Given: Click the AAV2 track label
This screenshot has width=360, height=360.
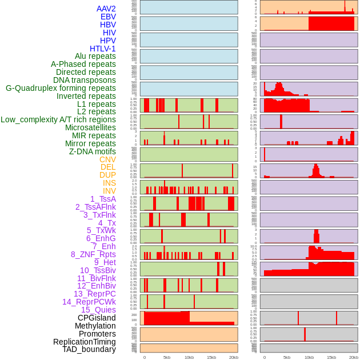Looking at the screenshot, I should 106,9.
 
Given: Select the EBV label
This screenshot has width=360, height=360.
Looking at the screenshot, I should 108,17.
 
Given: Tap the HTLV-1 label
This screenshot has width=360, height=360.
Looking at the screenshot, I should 102,49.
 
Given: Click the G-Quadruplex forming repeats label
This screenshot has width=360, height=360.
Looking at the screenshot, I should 61,88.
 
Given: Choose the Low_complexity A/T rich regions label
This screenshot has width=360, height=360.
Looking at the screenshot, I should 58,119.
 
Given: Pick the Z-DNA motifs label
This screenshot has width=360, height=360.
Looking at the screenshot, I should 92,151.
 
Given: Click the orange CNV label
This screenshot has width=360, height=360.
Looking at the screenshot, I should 107,159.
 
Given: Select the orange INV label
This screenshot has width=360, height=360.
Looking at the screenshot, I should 109,191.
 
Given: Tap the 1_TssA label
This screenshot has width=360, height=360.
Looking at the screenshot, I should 103,199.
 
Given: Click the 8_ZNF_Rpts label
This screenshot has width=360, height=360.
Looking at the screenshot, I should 93,254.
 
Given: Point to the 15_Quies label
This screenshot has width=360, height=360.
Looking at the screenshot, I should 98,310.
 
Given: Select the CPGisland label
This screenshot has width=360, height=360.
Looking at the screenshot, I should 97,318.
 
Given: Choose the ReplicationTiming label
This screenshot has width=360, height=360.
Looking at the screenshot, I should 84,342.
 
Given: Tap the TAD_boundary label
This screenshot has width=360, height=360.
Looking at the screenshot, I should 89,349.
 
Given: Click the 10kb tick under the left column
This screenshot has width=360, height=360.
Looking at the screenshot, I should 189,357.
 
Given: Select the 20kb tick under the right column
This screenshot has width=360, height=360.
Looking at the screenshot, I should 354,357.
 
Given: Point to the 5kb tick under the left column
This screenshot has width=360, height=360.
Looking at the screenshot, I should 167,357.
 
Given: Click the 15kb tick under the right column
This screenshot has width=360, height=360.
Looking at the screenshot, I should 331,357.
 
